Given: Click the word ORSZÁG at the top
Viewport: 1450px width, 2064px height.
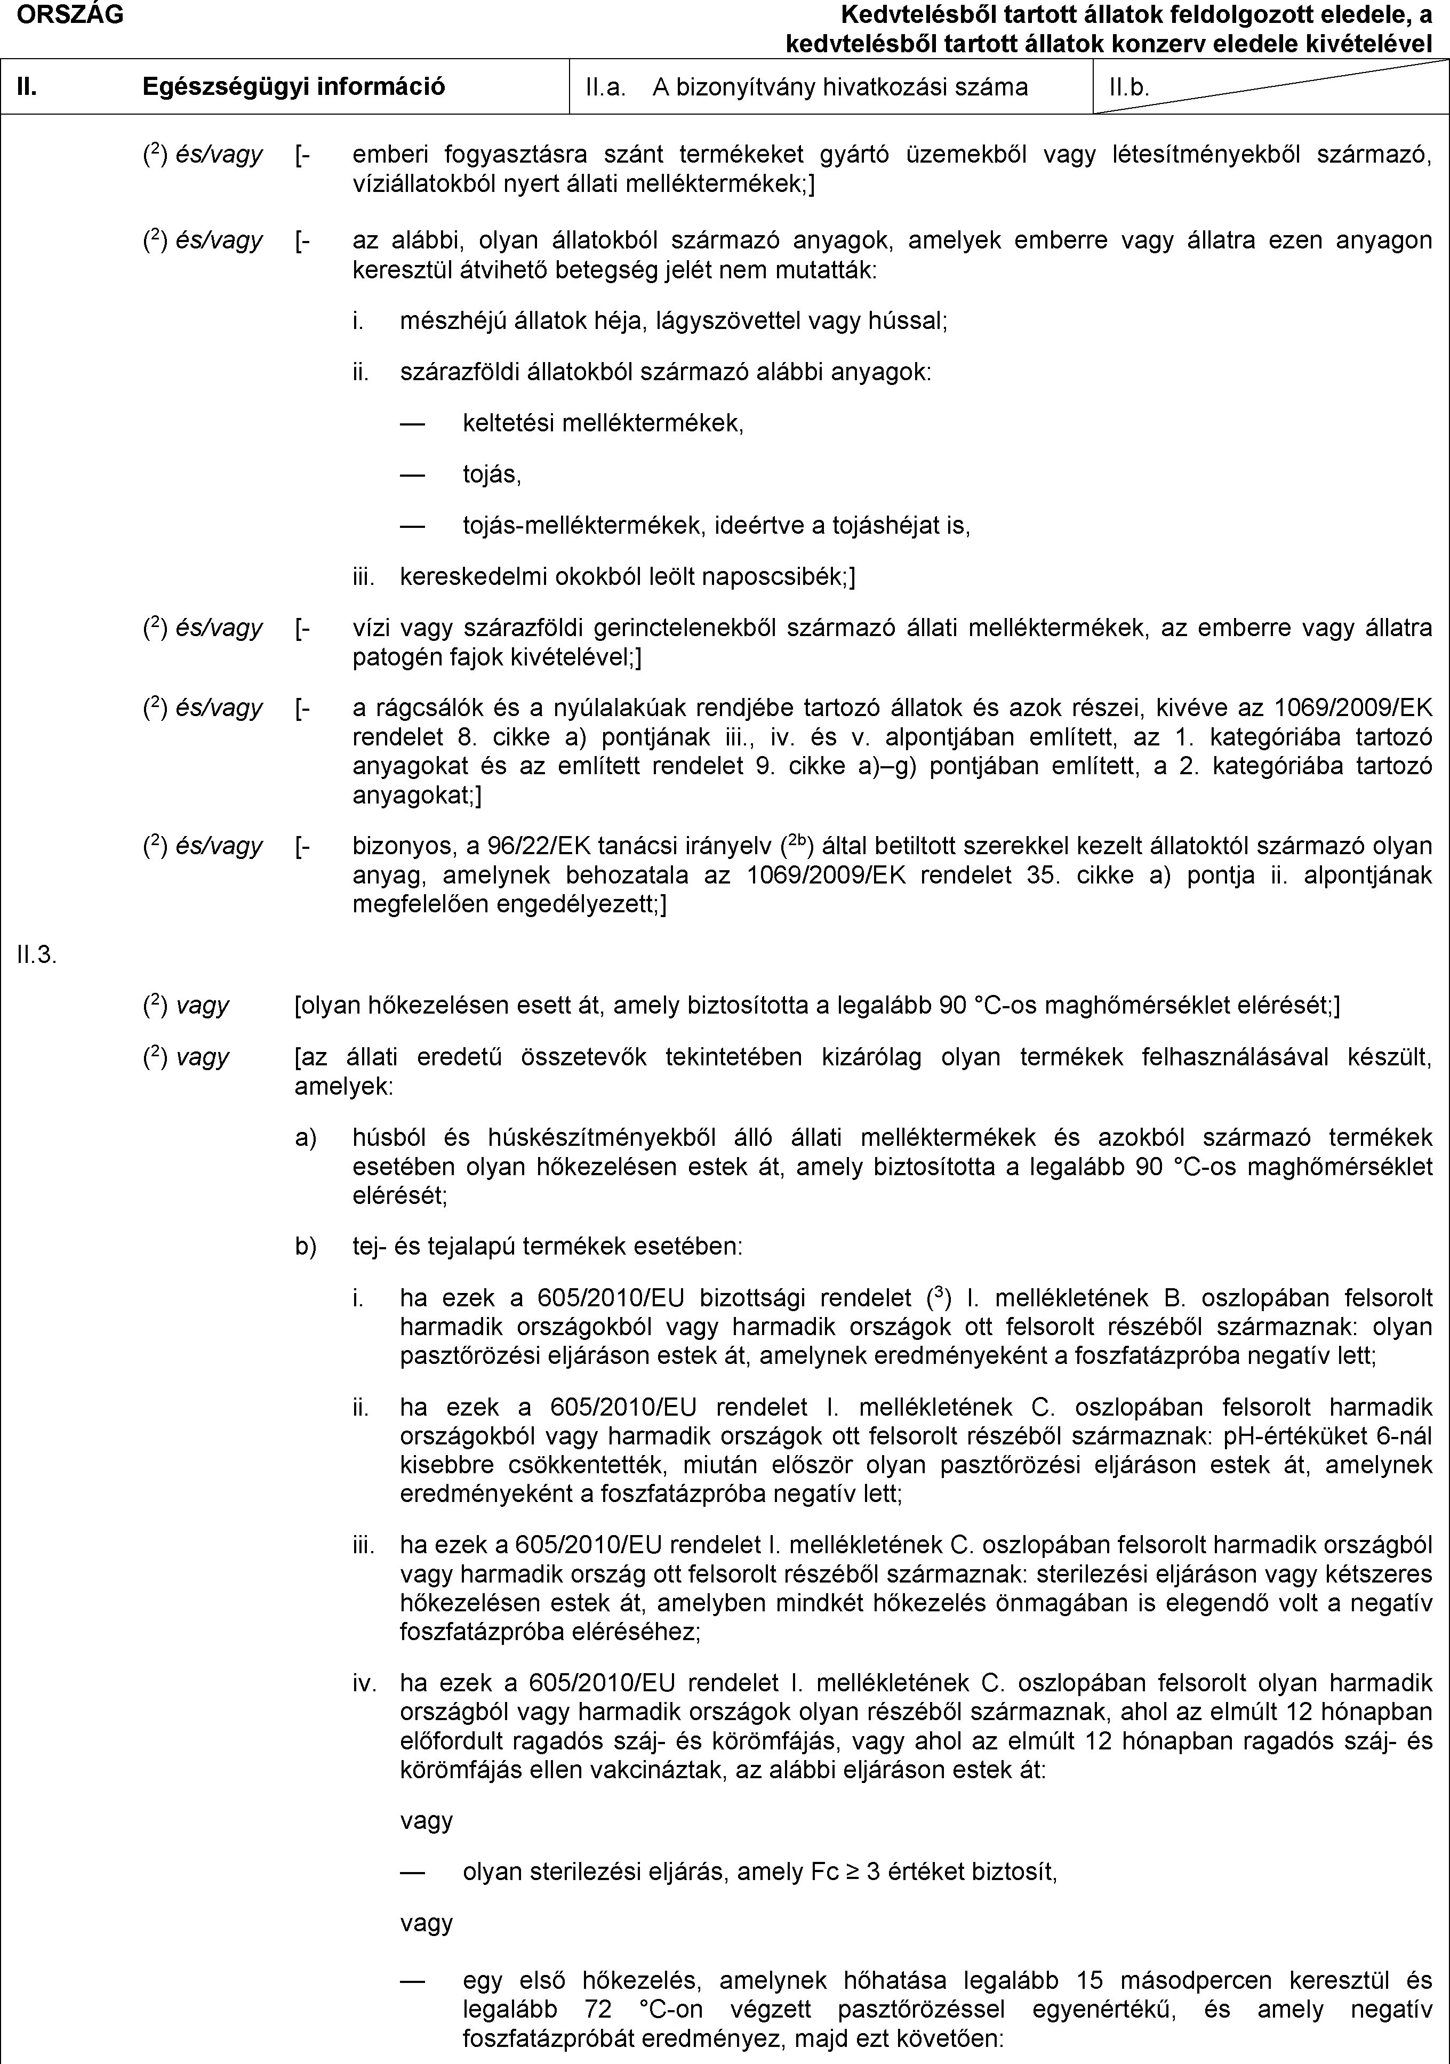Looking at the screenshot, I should point(62,13).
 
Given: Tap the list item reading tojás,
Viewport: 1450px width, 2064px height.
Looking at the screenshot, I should point(492,474).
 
